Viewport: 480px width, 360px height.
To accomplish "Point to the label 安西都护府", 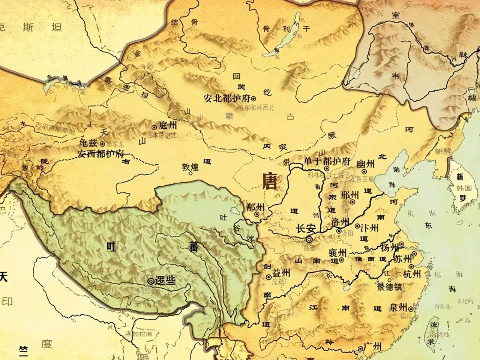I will [x=100, y=153].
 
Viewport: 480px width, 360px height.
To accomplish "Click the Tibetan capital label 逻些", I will [x=166, y=280].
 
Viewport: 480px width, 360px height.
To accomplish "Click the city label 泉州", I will [x=398, y=309].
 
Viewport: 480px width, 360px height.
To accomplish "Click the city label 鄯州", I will [x=255, y=207].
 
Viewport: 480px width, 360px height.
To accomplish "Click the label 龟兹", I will [x=88, y=142].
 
